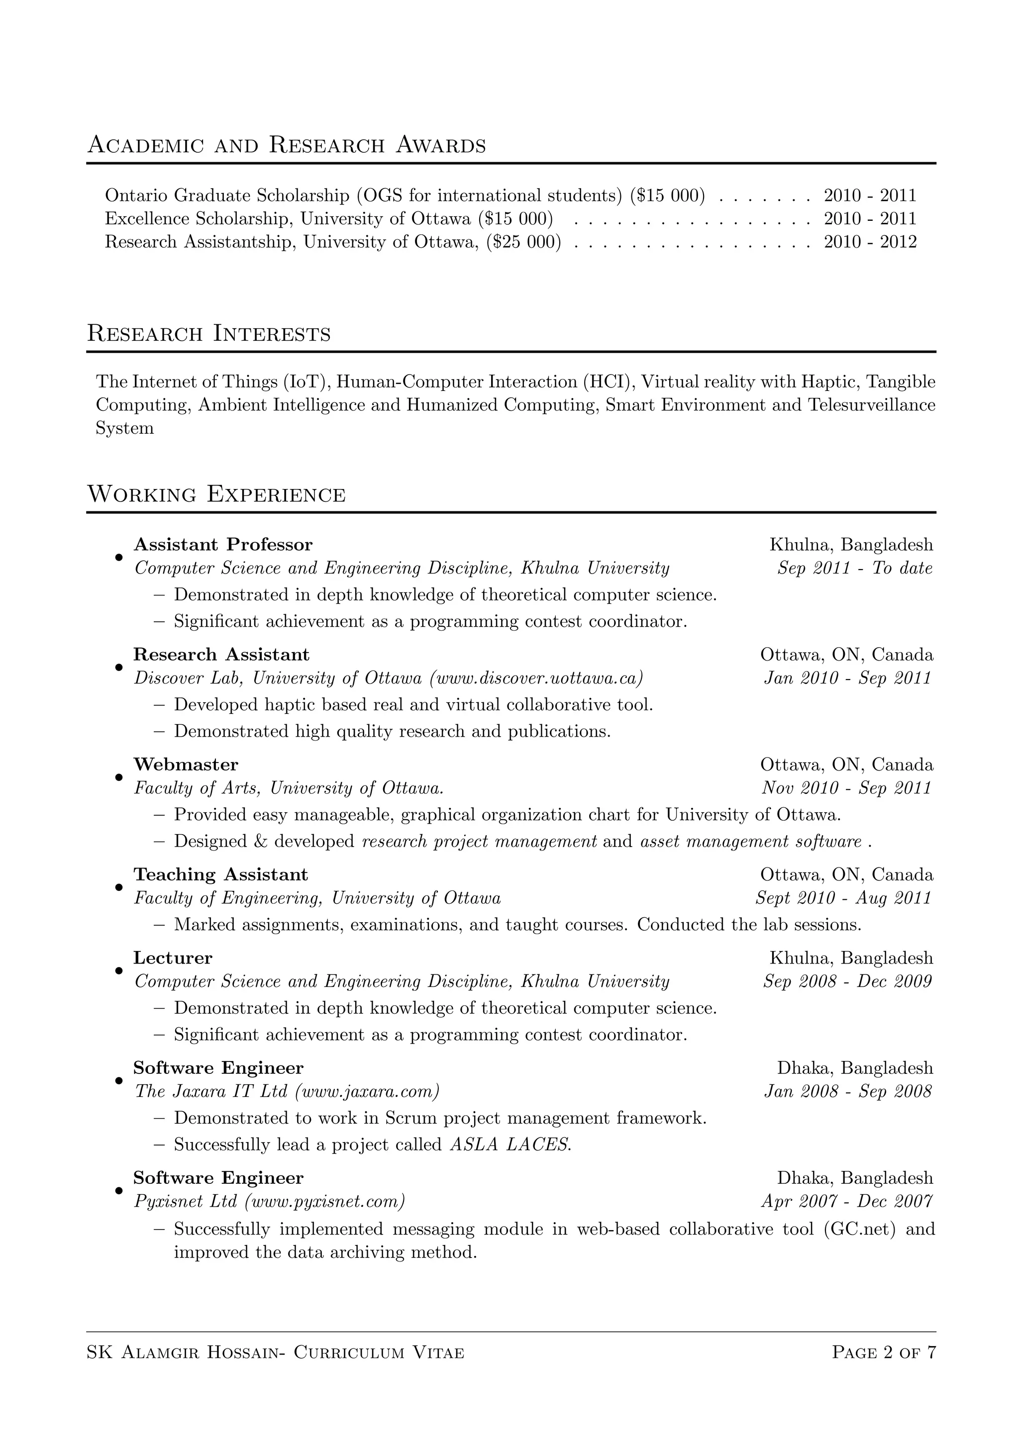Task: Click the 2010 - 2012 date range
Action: [870, 242]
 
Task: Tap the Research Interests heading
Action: [208, 334]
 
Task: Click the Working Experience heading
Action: [216, 495]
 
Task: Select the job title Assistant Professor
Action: [223, 544]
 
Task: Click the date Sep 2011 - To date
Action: [855, 568]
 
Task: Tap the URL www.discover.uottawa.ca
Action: [536, 678]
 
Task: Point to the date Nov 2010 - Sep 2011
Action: [846, 788]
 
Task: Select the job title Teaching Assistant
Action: [220, 874]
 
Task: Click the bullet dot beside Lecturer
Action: [118, 970]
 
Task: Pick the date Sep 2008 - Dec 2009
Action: [847, 981]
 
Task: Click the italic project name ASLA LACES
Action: [509, 1145]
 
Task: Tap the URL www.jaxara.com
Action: [366, 1091]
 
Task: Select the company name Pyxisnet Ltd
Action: [186, 1201]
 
